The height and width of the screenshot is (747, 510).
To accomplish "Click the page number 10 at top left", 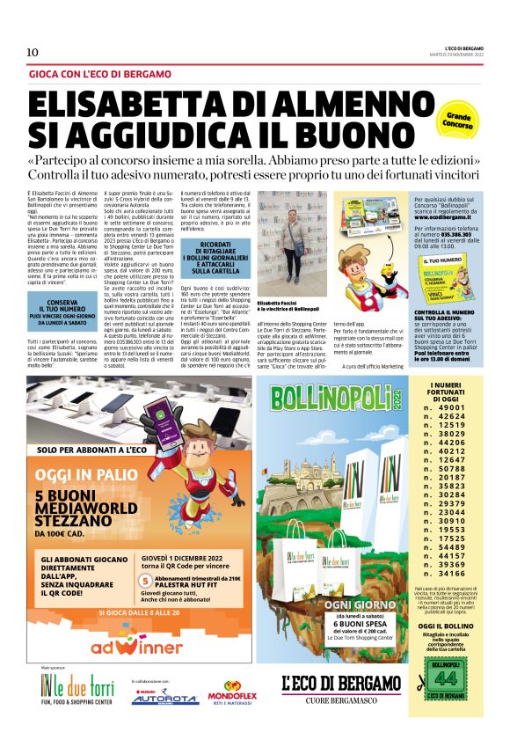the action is pos(33,52).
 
